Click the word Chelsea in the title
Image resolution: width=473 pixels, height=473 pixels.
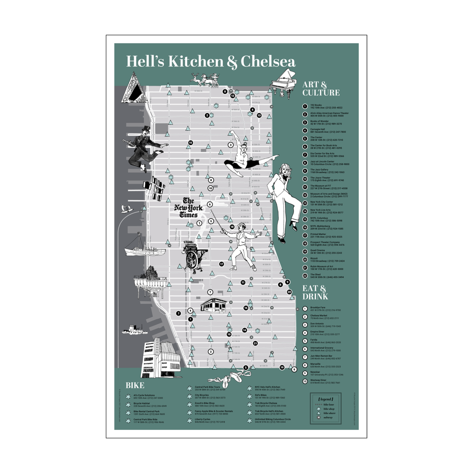click(268, 62)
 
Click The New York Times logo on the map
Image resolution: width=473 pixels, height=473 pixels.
click(188, 208)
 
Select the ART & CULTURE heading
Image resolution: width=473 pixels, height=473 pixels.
click(320, 89)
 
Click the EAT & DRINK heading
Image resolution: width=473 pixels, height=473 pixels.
click(315, 292)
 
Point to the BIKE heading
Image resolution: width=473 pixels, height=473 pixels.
click(135, 385)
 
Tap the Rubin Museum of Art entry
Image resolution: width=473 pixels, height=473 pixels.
click(326, 268)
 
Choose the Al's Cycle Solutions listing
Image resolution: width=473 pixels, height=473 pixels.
click(148, 397)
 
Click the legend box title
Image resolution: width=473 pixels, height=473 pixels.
click(325, 399)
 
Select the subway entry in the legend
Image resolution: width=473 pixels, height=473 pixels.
click(328, 417)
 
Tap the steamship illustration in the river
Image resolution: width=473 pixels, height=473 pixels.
click(145, 250)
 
